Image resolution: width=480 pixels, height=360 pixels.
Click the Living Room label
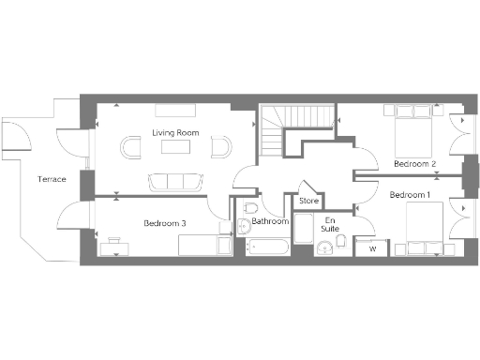tap(176, 133)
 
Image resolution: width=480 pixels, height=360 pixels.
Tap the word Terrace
tap(51, 178)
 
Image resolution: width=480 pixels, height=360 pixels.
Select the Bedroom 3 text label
tap(165, 223)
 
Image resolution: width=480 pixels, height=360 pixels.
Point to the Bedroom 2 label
tap(414, 164)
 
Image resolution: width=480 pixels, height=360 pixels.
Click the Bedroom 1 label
tap(410, 195)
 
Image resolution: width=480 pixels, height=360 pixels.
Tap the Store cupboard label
tap(308, 201)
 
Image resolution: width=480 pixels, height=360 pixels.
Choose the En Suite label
tap(330, 224)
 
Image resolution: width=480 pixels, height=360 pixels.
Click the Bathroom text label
tap(270, 222)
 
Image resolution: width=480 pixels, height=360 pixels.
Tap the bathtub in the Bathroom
tap(268, 248)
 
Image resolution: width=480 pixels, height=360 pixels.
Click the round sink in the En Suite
tap(323, 247)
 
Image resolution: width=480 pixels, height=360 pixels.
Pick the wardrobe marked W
tap(372, 247)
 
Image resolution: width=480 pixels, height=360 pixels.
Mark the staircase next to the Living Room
tap(279, 131)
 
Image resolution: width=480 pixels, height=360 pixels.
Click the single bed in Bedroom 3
tap(204, 246)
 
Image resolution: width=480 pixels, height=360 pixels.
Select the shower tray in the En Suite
tap(303, 230)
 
